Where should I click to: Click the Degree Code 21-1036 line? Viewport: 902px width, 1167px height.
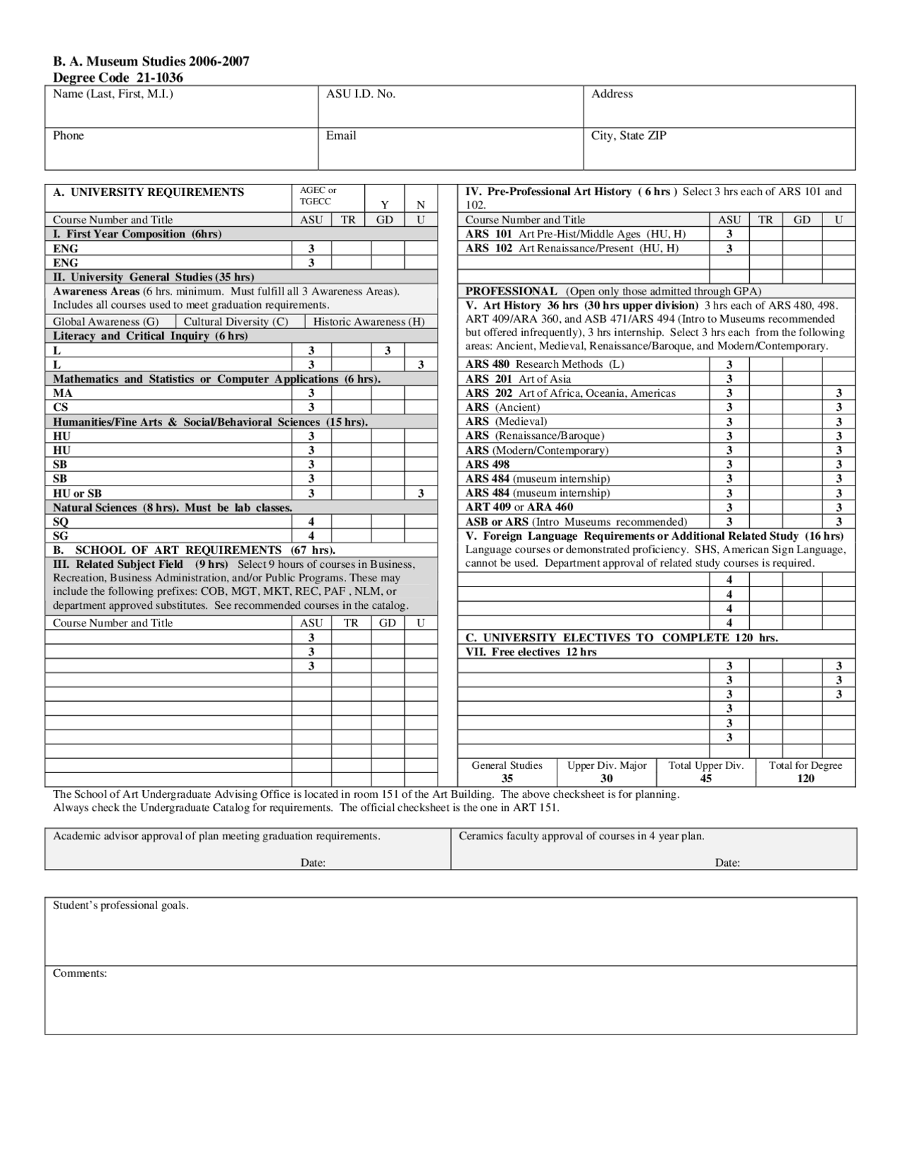[118, 78]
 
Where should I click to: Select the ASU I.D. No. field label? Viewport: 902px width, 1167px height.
[360, 94]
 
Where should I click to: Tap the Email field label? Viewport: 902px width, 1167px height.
[340, 135]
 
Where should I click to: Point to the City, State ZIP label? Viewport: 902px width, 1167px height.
[628, 135]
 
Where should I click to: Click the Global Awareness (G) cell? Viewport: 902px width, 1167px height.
[106, 321]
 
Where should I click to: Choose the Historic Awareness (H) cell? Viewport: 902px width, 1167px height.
[369, 321]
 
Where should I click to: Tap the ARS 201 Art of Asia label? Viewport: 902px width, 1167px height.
[518, 379]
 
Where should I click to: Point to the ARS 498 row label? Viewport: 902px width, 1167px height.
[487, 464]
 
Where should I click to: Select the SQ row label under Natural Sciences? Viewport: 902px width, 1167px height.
[61, 521]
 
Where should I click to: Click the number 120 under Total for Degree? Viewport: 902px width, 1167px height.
[805, 778]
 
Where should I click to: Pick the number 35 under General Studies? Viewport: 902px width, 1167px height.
[507, 778]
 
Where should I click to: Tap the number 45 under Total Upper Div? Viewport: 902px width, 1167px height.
[705, 778]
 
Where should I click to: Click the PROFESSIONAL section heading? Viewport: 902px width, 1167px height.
[511, 291]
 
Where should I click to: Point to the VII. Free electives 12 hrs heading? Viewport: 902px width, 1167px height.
[531, 652]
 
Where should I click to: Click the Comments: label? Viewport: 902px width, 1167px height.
[80, 973]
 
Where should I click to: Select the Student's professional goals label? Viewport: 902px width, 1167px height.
[121, 906]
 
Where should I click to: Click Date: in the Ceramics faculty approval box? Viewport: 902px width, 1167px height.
[727, 863]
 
